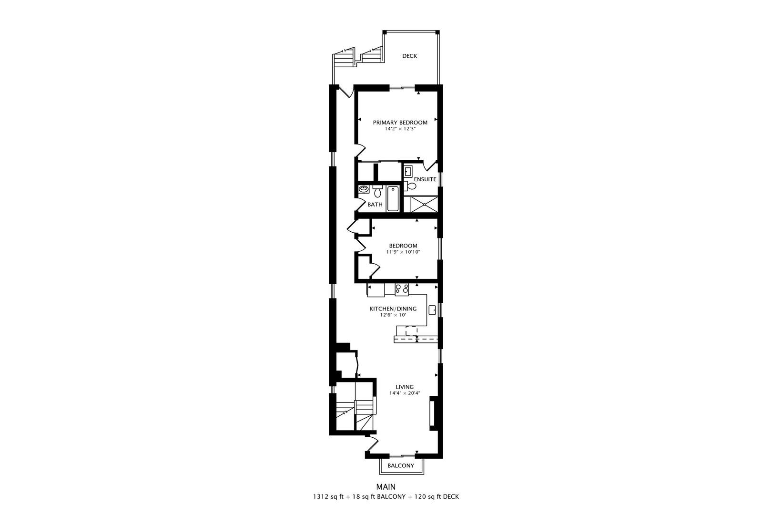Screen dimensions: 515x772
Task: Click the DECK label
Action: coord(409,56)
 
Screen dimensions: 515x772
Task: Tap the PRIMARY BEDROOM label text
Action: coord(400,123)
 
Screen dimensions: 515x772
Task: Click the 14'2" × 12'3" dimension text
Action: coord(400,129)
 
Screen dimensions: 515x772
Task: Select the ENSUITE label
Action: coord(425,179)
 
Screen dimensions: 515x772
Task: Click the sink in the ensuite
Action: coord(408,171)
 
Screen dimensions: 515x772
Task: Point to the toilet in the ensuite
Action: coord(411,185)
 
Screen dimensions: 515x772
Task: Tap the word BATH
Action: coord(375,205)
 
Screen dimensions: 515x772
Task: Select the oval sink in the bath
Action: coord(364,189)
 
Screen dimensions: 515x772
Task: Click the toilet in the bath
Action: coord(377,192)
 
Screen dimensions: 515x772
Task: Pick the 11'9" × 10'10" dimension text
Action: coord(403,252)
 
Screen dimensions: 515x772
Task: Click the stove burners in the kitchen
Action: coord(402,289)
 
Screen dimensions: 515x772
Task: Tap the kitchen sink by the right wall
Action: coord(432,310)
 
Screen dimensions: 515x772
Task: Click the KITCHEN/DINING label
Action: coord(393,309)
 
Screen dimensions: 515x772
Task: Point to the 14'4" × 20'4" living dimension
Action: coord(404,393)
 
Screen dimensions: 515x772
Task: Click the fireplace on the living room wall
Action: coord(433,413)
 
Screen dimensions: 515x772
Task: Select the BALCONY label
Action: coord(400,466)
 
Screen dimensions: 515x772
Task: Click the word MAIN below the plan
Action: coord(386,487)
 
